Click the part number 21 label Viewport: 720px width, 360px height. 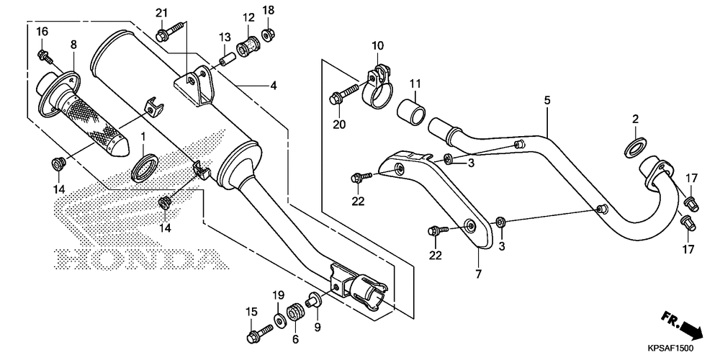click(x=161, y=12)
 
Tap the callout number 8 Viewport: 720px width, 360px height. click(x=73, y=45)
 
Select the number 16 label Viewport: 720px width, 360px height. click(x=42, y=31)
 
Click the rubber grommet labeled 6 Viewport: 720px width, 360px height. click(x=294, y=315)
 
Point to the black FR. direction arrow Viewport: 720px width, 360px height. click(x=690, y=328)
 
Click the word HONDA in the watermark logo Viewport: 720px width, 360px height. click(x=133, y=258)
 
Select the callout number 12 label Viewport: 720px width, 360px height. click(x=248, y=17)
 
